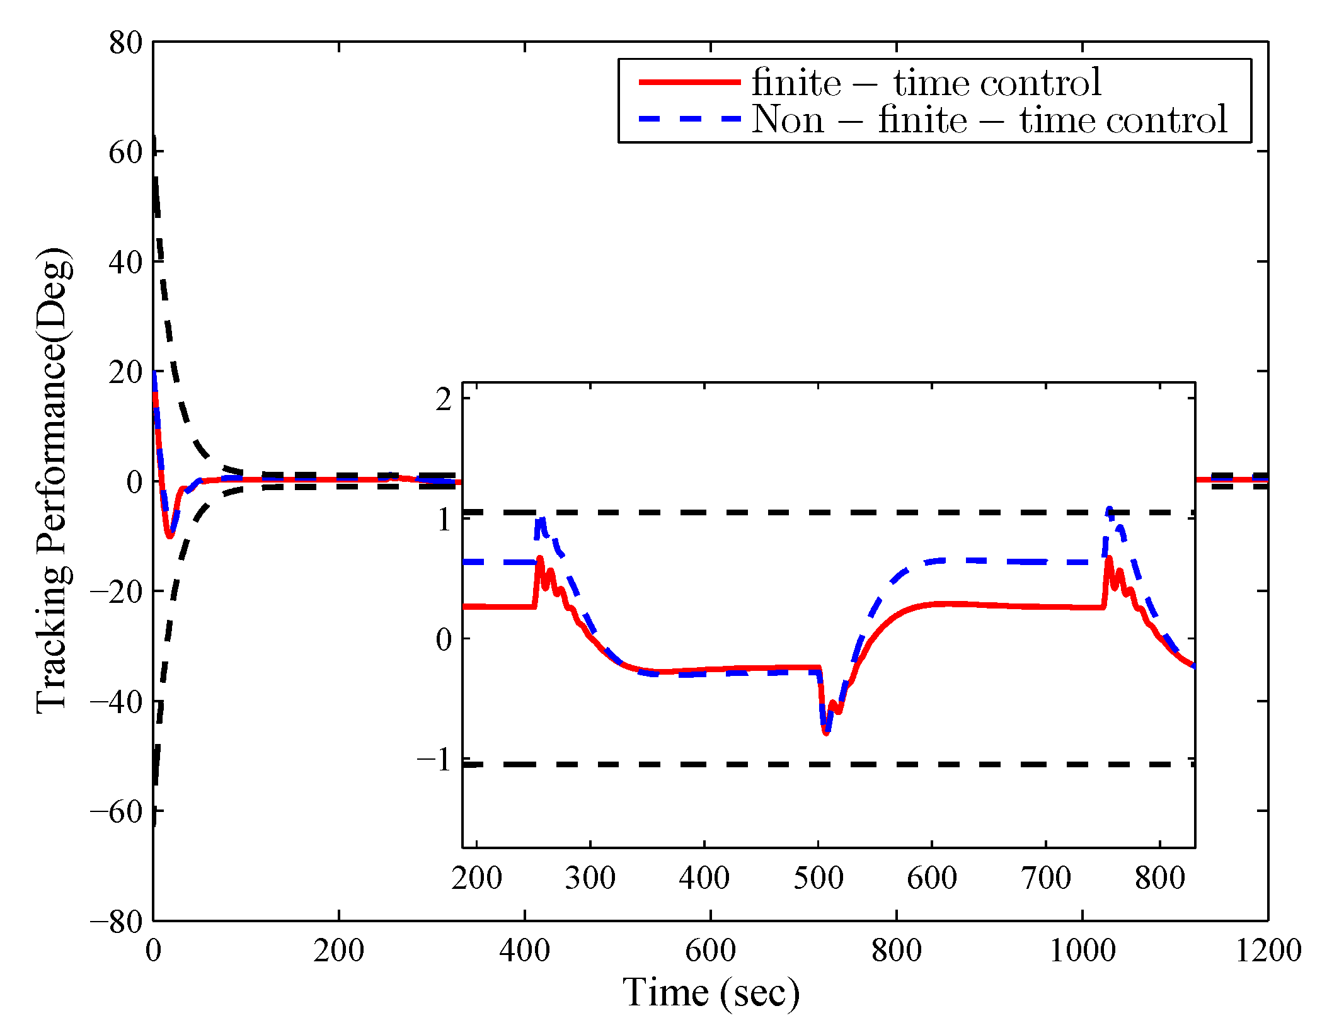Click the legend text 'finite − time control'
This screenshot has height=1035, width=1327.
click(926, 83)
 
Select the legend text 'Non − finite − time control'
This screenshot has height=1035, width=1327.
click(989, 120)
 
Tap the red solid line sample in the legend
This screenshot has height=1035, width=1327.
click(689, 83)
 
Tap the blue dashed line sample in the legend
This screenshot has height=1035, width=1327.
click(689, 118)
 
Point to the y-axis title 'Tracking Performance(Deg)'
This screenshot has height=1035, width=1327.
click(53, 480)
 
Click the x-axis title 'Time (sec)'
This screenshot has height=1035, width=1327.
click(711, 993)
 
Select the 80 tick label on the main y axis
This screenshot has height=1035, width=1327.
click(125, 43)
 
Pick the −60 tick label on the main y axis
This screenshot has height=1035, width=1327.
click(117, 811)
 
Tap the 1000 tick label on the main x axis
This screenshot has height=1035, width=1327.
click(1082, 951)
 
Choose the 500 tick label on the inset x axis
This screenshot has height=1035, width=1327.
click(818, 878)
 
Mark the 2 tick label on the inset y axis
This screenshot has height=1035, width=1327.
click(444, 399)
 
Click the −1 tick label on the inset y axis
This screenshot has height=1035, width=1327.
click(435, 760)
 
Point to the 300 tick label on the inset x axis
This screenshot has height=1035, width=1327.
click(590, 878)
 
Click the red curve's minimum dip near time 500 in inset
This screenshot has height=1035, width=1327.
click(825, 733)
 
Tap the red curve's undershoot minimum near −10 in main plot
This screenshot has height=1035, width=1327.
click(169, 535)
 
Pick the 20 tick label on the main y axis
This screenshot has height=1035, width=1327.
click(125, 372)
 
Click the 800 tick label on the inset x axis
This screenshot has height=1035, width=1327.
click(1159, 878)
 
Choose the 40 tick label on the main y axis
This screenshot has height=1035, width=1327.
click(125, 262)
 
